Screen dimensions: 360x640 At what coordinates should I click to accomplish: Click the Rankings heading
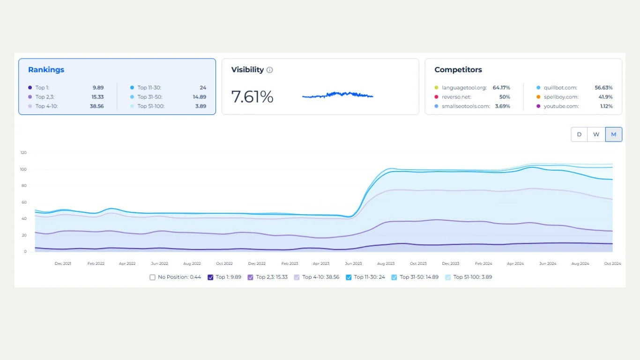point(46,70)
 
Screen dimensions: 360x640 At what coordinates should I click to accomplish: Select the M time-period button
point(613,135)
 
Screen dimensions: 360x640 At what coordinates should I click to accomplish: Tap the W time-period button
point(596,135)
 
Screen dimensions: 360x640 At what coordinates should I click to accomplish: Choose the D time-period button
point(579,135)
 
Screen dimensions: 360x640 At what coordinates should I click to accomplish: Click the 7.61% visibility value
point(252,97)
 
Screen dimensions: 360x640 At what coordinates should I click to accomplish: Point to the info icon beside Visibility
point(269,70)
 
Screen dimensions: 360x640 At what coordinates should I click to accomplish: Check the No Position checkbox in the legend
point(152,277)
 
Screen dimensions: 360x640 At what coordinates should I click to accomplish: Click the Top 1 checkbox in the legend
point(210,277)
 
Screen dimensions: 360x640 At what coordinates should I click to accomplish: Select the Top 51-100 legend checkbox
point(448,277)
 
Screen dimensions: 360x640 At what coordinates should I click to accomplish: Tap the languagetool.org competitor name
point(463,88)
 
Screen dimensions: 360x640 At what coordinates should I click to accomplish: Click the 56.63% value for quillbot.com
point(603,88)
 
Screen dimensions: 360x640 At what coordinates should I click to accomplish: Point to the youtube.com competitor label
point(561,106)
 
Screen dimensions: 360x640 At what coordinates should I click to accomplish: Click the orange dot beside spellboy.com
point(539,97)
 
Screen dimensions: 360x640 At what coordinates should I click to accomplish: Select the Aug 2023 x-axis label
point(386,264)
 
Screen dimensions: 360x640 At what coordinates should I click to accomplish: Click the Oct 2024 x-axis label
point(612,264)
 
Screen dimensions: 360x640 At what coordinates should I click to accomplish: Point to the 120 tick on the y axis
point(23,153)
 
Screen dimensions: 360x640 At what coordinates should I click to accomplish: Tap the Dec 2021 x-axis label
point(63,264)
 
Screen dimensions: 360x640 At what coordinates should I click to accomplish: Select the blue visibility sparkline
point(337,95)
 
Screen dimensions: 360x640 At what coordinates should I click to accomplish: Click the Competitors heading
point(458,70)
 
